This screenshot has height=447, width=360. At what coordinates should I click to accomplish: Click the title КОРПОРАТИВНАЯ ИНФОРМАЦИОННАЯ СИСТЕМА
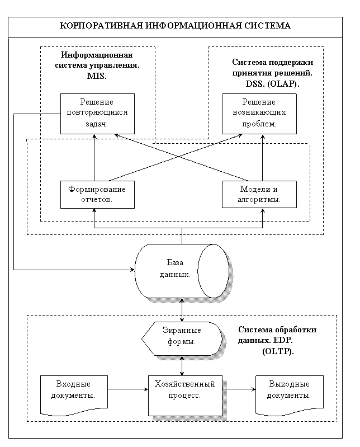(x=175, y=26)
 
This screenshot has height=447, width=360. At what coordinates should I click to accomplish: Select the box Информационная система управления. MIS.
(x=97, y=67)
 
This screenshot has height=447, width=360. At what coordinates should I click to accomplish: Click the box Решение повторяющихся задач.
(x=97, y=114)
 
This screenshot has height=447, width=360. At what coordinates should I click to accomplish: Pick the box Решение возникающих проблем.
(x=259, y=114)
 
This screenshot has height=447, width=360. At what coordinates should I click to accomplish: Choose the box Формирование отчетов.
(x=97, y=194)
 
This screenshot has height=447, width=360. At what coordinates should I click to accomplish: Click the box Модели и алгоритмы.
(x=259, y=194)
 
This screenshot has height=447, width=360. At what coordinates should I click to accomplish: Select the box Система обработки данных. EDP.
(x=277, y=341)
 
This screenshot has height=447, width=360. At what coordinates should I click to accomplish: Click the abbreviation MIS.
(x=97, y=77)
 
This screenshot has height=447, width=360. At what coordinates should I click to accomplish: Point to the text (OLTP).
(x=277, y=351)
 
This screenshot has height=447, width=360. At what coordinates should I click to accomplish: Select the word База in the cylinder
(x=175, y=262)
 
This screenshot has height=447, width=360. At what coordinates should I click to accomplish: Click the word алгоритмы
(x=259, y=199)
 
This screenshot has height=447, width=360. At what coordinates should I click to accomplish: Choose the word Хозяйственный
(x=184, y=384)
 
